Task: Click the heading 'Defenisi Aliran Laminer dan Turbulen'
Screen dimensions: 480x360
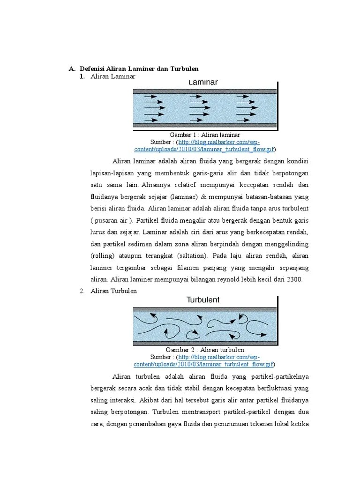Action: (139, 69)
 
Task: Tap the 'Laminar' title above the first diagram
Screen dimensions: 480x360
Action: (203, 82)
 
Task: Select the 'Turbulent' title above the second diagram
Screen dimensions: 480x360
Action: (203, 300)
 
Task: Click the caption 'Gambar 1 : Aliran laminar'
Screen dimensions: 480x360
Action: (205, 135)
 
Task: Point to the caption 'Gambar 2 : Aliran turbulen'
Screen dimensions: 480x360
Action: (205, 350)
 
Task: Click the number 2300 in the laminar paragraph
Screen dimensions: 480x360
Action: (294, 279)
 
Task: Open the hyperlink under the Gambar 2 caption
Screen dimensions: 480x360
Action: (205, 364)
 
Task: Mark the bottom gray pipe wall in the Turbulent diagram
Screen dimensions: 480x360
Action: (205, 343)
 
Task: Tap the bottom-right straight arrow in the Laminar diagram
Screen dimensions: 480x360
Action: (244, 120)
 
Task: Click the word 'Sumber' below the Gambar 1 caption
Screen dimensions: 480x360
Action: (161, 142)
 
